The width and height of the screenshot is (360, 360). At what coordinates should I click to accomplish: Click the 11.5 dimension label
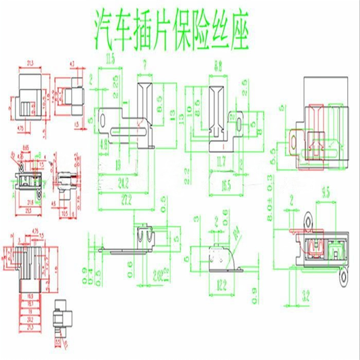(x=110, y=61)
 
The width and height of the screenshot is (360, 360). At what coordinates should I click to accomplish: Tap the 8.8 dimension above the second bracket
(x=218, y=66)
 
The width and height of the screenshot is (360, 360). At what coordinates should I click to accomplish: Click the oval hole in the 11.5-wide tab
(x=102, y=120)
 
